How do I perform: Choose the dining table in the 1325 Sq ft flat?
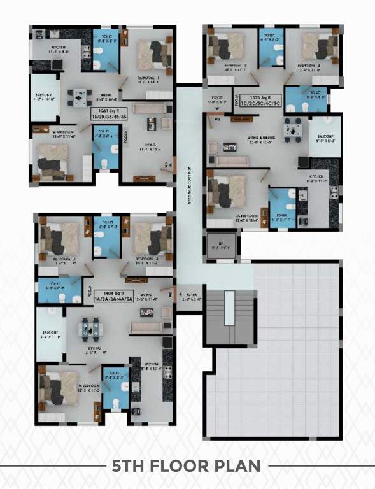292,129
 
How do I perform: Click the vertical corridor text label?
189,185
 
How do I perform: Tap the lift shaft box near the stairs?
220,246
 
